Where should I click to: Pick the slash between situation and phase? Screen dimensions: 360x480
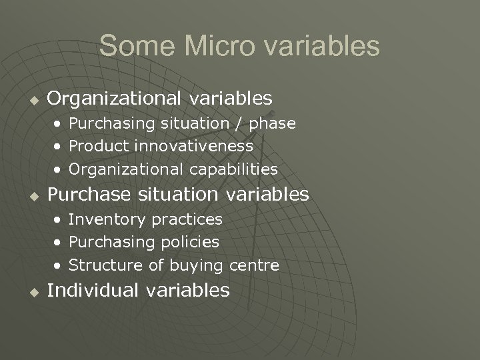pyautogui.click(x=239, y=123)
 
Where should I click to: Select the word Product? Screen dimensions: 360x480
pyautogui.click(x=99, y=146)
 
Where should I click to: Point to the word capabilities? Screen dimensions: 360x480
pyautogui.click(x=235, y=169)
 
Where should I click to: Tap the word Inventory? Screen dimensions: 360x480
pyautogui.click(x=107, y=219)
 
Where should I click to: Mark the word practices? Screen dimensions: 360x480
pyautogui.click(x=187, y=219)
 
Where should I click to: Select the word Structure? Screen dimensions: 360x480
pyautogui.click(x=105, y=265)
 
